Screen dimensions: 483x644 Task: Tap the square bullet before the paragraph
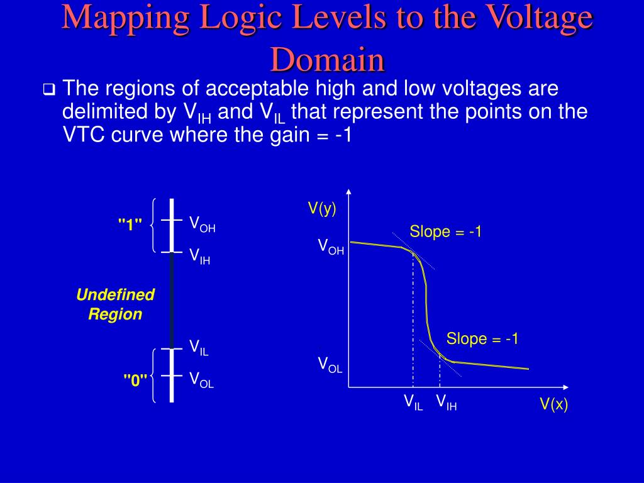coord(49,90)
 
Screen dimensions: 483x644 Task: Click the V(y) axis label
coord(322,208)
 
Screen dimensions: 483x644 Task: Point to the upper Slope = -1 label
coord(446,231)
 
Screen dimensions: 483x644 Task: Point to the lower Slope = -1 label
coord(482,339)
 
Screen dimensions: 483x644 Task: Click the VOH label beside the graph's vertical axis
coord(331,246)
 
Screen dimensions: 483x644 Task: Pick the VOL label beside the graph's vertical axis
coord(330,364)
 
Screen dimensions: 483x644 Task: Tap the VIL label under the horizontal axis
coord(413,402)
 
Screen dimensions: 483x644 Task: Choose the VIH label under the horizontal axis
coord(447,402)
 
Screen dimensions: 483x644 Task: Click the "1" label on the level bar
coord(130,225)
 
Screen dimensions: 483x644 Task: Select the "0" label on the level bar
coord(135,380)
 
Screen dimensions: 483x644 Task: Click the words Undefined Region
coord(115,304)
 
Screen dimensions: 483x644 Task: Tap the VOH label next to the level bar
coord(203,224)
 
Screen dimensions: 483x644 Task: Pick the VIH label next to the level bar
coord(200,255)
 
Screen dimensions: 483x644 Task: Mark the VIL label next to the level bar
coord(199,347)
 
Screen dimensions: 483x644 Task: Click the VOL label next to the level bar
coord(202,379)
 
